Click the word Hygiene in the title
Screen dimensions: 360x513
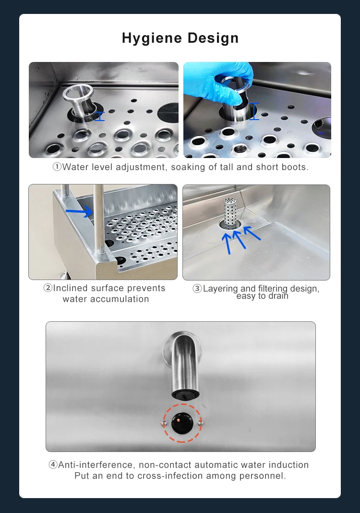[152, 38]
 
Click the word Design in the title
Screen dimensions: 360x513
[213, 38]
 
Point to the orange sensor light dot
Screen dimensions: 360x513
[179, 418]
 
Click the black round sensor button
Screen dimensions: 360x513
[182, 423]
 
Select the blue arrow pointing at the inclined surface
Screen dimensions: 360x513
[79, 211]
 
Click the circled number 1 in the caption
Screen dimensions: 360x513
[57, 167]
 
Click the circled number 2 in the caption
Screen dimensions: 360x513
[48, 288]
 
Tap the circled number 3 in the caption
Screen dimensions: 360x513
[197, 289]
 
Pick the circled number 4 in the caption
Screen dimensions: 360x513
[53, 464]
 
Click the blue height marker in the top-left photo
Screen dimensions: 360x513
[100, 116]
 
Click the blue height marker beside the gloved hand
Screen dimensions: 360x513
[254, 111]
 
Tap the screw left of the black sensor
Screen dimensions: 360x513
[164, 424]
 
